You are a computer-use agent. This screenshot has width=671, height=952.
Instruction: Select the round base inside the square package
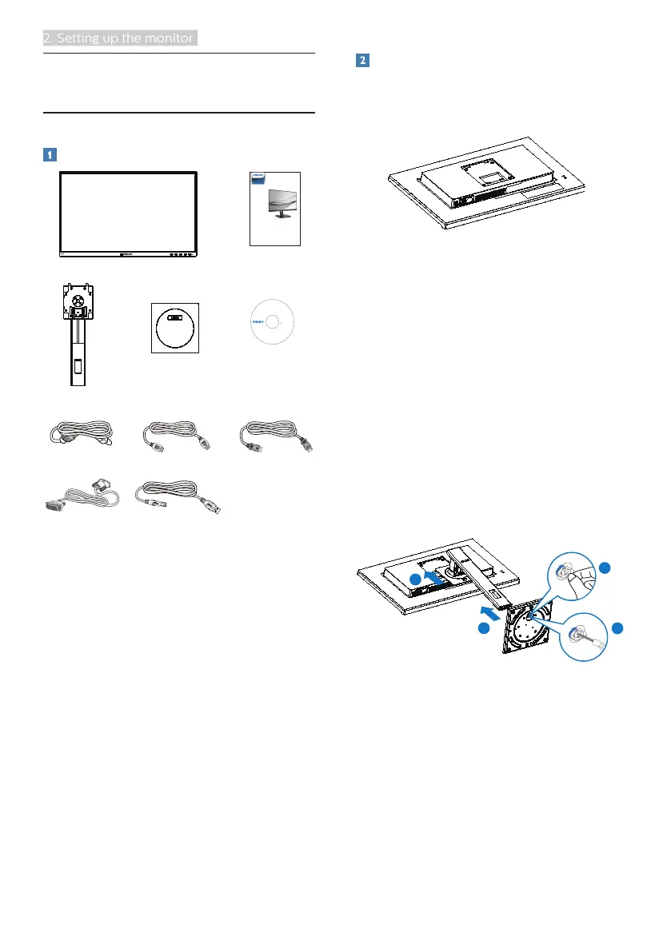tap(174, 328)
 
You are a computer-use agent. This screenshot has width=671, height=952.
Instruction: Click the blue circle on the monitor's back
tap(414, 577)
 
